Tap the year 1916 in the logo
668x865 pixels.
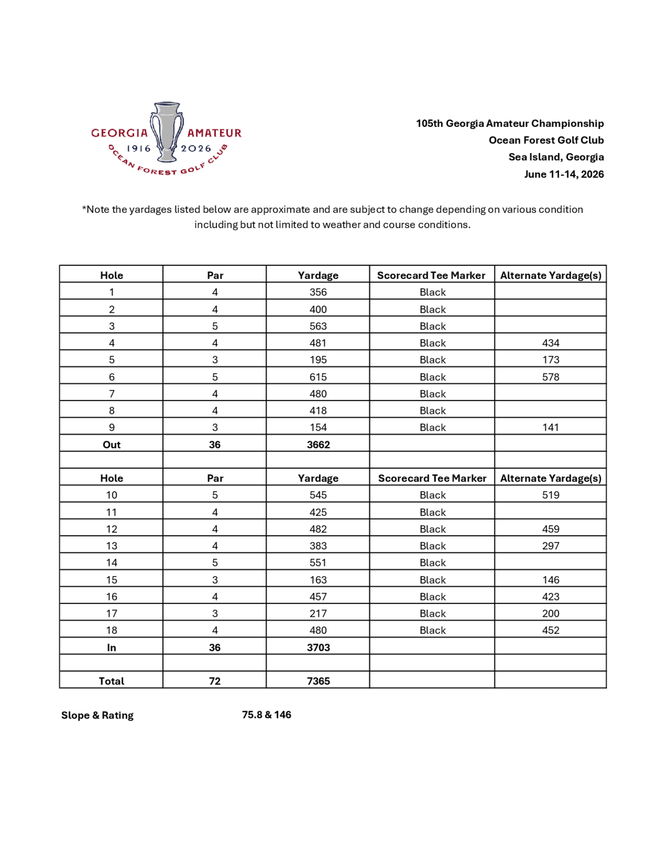139,148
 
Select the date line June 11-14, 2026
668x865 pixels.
564,174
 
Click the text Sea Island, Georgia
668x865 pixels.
556,157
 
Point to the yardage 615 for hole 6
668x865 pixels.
318,377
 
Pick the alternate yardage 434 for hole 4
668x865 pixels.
550,343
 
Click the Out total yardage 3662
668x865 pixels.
318,445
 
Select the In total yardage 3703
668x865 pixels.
318,647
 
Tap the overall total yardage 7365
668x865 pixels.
318,681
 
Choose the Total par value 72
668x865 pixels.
214,681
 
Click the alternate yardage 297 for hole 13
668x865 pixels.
550,546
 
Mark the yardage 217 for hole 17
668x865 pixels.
318,614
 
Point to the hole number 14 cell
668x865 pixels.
112,563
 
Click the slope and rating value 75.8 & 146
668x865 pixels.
266,715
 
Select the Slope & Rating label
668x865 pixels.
97,715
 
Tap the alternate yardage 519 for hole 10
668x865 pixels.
550,495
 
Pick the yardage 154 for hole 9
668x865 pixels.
318,428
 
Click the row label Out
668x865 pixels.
112,445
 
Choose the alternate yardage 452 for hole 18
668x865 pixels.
550,630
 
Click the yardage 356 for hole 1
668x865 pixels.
318,292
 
